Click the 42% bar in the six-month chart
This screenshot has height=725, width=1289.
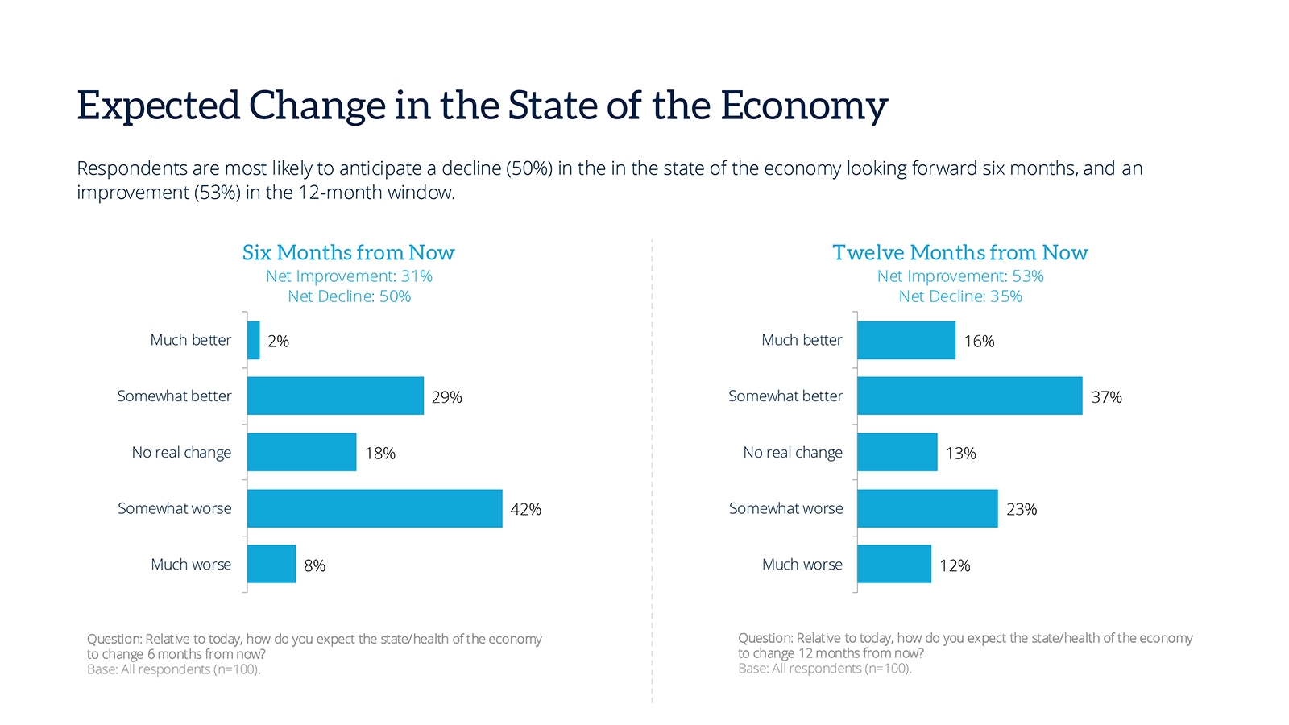coord(375,508)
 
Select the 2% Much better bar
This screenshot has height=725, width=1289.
coord(254,340)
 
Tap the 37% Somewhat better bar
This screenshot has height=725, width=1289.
coord(969,396)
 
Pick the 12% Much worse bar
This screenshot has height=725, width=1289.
coord(894,564)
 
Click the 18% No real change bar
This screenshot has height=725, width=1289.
coord(302,452)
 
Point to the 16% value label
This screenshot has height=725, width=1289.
coord(979,341)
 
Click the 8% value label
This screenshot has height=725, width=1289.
coord(314,565)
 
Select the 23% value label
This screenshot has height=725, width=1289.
coord(1021,509)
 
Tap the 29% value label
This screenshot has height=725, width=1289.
coord(446,397)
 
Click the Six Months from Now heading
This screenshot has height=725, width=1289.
coord(348,253)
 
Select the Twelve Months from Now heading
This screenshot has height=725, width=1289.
coord(959,253)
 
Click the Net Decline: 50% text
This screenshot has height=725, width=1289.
coord(349,296)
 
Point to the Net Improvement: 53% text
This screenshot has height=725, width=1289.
coord(959,276)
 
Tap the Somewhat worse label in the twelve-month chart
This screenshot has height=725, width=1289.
coord(785,508)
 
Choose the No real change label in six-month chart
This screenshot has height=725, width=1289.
coord(181,453)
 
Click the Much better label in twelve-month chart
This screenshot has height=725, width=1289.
coord(802,340)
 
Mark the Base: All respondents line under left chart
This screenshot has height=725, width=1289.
coord(174,669)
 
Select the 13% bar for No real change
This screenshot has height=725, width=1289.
coord(897,452)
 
